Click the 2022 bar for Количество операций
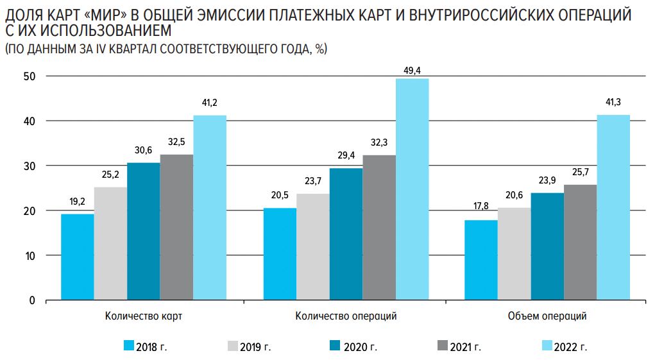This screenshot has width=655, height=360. pos(412,189)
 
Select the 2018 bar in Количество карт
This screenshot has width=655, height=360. pos(78,257)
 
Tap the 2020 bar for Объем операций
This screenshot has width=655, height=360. pos(547,246)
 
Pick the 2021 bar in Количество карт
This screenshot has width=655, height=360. pos(176,227)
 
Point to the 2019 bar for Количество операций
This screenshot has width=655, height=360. pos(312,247)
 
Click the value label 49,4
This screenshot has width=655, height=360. pos(412,71)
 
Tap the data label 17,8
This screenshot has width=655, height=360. pos(481,206)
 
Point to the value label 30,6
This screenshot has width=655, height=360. pos(143,150)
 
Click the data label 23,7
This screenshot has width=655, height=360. pos(312,181)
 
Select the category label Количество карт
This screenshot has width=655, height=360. pos(144,316)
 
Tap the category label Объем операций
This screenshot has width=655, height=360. pos(547,316)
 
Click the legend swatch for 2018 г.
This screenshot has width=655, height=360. pos(130,347)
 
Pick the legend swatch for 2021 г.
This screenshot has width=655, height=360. pos(441,347)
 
